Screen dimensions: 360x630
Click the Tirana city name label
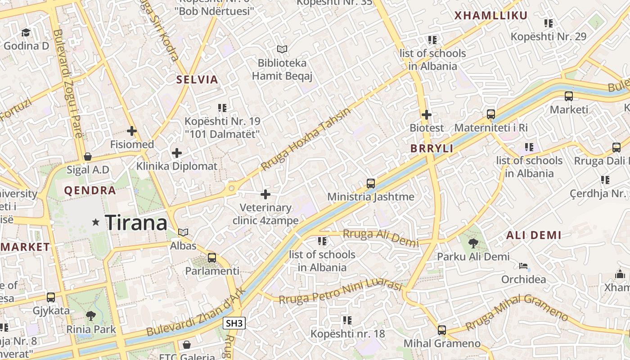136,223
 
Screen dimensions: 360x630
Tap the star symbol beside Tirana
95,222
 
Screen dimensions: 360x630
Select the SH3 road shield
234,323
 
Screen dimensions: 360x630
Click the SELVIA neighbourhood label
197,80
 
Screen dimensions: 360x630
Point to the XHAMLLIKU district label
490,16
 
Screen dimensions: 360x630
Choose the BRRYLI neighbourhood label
432,148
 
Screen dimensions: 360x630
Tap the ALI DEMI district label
534,235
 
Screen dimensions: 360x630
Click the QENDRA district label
90,190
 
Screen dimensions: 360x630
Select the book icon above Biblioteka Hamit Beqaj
282,49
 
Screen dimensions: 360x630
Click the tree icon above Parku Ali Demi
473,243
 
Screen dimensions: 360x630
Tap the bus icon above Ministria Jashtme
371,183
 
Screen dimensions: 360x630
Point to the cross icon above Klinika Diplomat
177,153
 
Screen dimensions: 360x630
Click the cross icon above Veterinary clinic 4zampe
265,194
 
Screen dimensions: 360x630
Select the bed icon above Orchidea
523,266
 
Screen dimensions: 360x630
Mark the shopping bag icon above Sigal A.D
88,157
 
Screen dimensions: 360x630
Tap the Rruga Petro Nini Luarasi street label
340,292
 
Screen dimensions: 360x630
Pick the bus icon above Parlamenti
212,258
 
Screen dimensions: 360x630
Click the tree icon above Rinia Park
91,315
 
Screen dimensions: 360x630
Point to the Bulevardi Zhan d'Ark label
197,313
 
